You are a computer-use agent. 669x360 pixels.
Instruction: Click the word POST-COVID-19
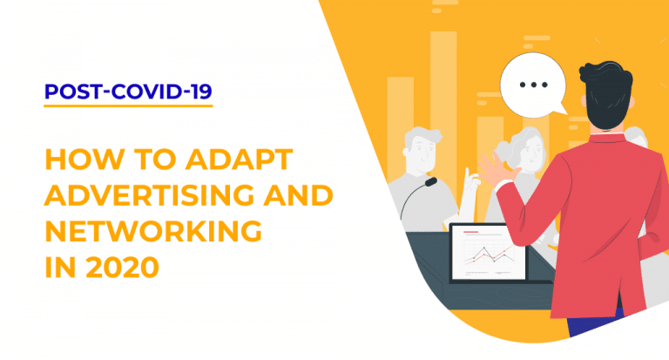click(127, 92)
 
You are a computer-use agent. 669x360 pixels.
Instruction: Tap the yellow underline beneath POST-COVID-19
click(127, 106)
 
